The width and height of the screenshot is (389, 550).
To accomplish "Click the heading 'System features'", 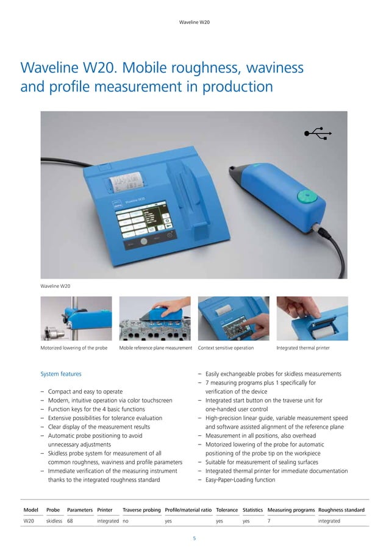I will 61,374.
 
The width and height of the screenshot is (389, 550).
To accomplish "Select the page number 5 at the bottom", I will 194,538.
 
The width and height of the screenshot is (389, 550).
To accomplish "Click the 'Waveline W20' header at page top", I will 194,23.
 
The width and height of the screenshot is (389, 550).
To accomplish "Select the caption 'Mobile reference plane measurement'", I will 156,348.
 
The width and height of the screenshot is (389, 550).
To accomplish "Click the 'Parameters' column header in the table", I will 79,509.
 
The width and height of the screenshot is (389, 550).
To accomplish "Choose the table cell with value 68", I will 71,521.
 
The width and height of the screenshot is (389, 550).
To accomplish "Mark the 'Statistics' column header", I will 252,509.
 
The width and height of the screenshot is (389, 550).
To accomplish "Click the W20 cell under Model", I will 29,521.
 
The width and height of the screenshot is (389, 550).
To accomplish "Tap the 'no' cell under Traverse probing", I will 126,521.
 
